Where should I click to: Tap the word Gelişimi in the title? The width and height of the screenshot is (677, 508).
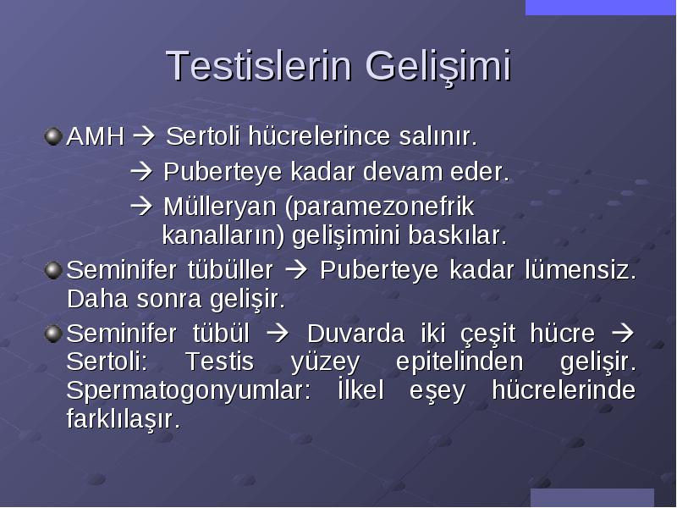[x=438, y=67]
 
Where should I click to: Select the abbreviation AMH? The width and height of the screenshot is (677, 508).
[x=95, y=136]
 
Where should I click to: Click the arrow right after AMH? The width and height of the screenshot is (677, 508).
[x=143, y=136]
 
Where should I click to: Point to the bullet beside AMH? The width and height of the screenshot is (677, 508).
[x=53, y=136]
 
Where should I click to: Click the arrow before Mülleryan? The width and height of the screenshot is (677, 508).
[x=141, y=207]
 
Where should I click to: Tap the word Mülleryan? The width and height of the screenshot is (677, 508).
[x=219, y=207]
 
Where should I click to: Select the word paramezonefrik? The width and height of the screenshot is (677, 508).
[x=379, y=207]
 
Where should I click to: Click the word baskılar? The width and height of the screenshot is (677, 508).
[x=457, y=235]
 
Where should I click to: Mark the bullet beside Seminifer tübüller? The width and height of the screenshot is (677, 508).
[x=53, y=271]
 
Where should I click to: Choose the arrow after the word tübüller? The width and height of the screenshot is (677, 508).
[x=296, y=270]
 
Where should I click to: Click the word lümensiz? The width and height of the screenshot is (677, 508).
[x=581, y=270]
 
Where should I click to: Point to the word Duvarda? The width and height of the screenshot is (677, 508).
[x=355, y=334]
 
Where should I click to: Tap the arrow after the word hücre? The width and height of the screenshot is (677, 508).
[x=623, y=334]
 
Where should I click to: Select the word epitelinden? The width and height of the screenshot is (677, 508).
[x=460, y=362]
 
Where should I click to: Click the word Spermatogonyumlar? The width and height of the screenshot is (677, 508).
[x=188, y=391]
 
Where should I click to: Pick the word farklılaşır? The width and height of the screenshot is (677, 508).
[x=123, y=419]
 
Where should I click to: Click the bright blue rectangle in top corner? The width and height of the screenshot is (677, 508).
[x=601, y=8]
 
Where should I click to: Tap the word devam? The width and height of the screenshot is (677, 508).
[x=403, y=172]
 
